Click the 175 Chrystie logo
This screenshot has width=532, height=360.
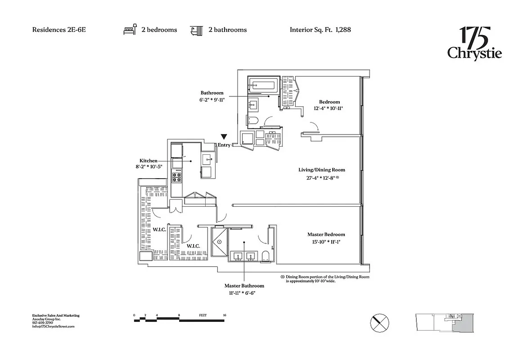[474, 44]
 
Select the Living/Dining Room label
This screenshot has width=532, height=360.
[321, 170]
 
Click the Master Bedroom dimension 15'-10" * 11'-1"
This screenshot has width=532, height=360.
[326, 242]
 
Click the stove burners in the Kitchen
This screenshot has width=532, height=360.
[176, 176]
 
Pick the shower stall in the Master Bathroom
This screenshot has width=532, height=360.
[220, 242]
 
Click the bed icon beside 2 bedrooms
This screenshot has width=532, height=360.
[130, 30]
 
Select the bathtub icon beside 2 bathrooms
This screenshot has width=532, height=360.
[196, 30]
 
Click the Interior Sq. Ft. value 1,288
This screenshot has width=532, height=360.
[343, 30]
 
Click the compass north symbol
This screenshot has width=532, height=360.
[379, 323]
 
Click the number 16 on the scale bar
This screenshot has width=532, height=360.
[224, 315]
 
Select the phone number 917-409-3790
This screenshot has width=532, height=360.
[43, 323]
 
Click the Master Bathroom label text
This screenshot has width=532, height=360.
[244, 286]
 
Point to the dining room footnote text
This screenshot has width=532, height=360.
[327, 279]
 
